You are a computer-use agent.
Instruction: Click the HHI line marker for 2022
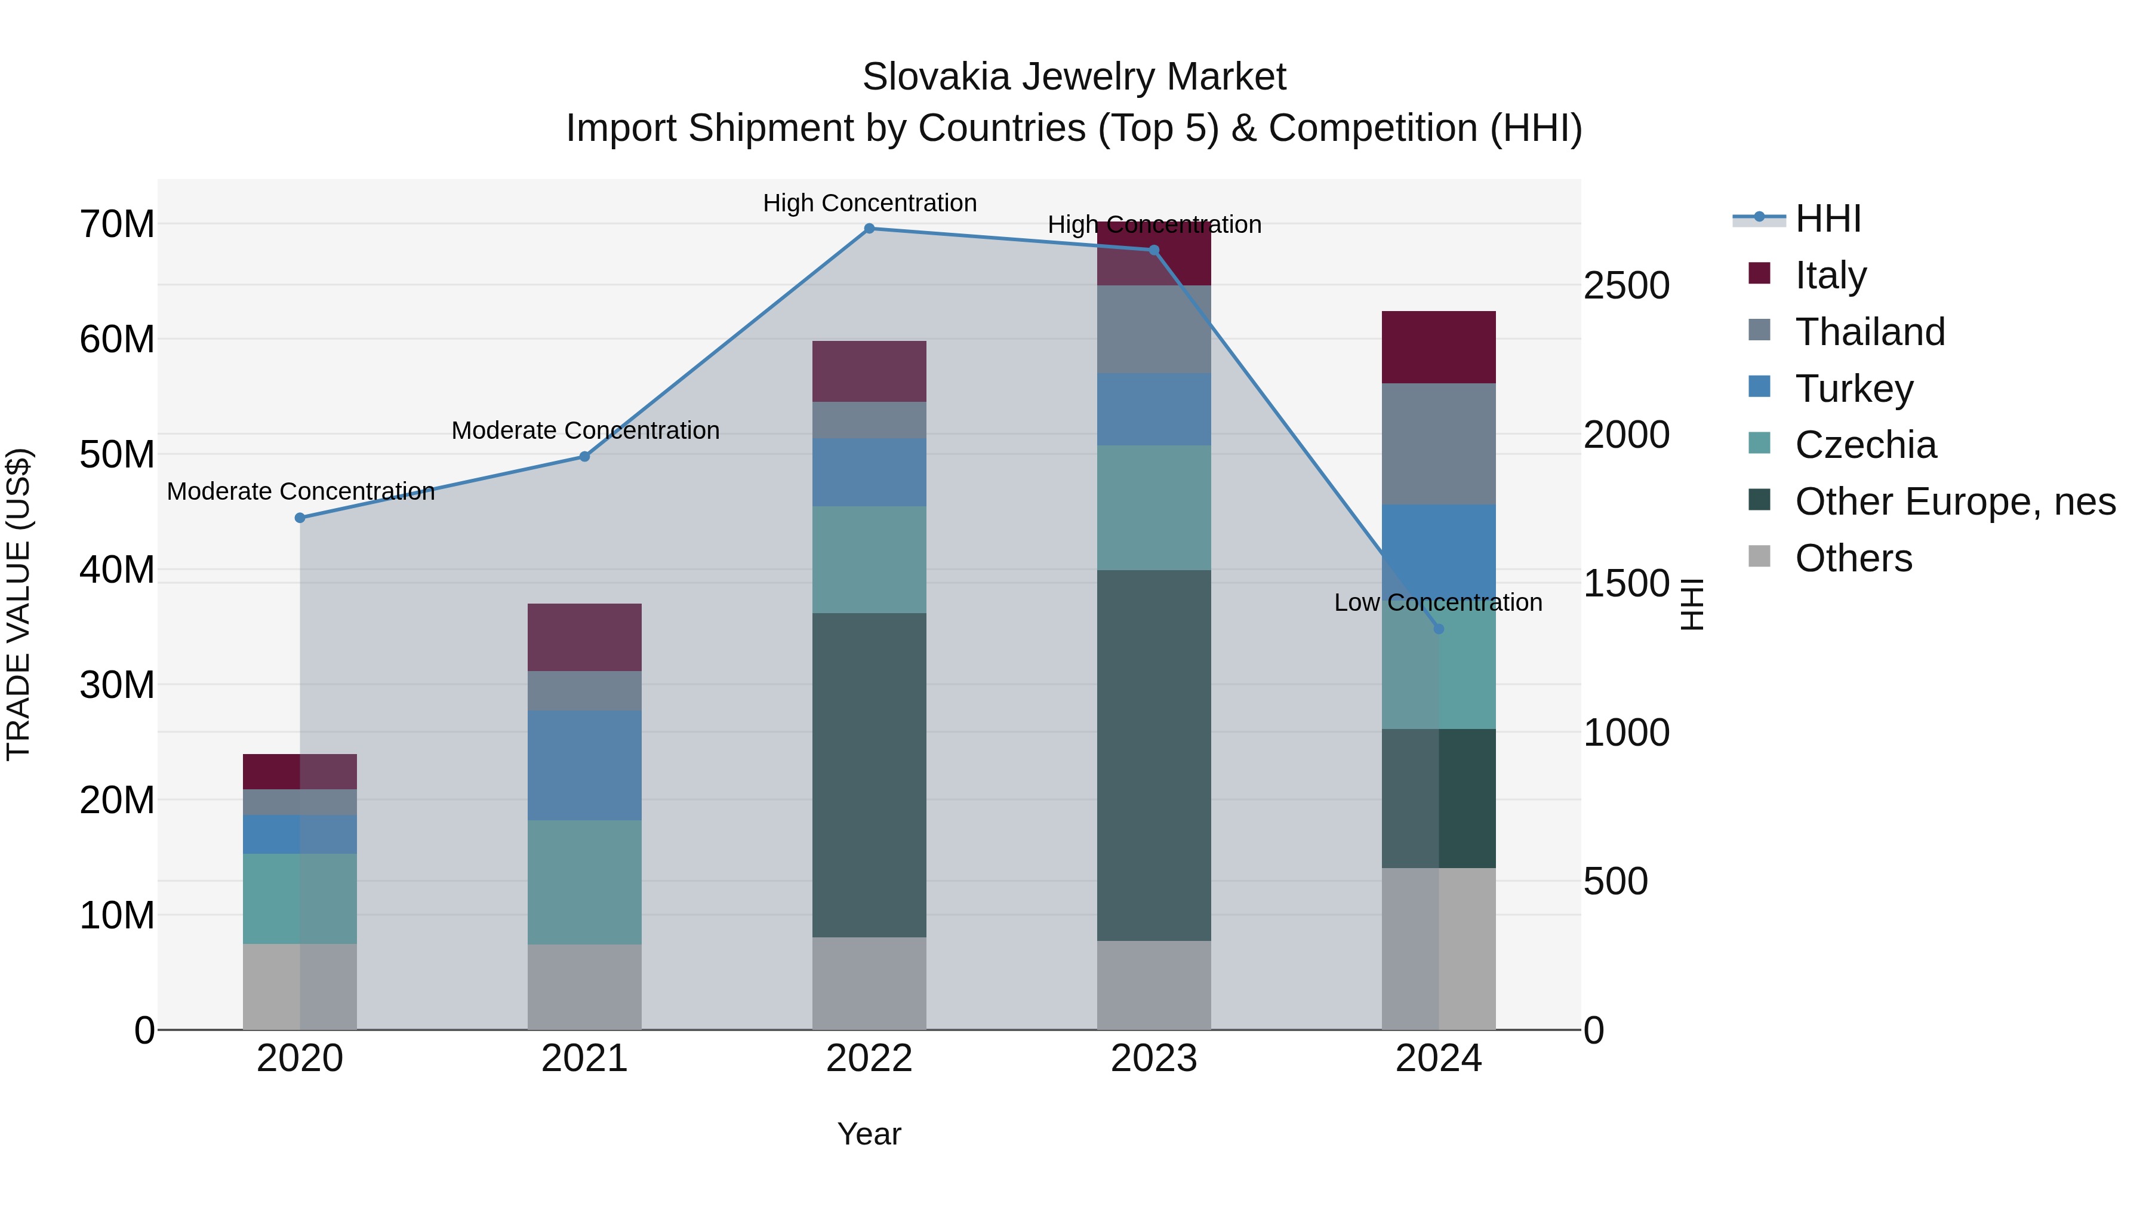(x=869, y=229)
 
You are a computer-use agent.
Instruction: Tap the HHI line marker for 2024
(x=1438, y=629)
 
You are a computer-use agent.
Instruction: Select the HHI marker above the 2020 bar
(x=300, y=518)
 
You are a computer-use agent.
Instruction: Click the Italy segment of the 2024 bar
(x=1438, y=347)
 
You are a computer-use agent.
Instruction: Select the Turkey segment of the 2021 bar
(x=584, y=765)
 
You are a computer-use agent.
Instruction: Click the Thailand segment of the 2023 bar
(x=1154, y=330)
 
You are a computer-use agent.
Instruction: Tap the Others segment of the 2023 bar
(x=1154, y=985)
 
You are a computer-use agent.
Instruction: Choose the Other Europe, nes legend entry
(x=1954, y=502)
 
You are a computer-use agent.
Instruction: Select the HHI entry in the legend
(x=1827, y=219)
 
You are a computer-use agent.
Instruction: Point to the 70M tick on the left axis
(x=117, y=224)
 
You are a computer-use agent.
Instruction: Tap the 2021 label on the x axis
(x=584, y=1059)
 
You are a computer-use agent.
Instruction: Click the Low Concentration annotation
(x=1437, y=602)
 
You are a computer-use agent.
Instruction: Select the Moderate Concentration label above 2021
(x=585, y=430)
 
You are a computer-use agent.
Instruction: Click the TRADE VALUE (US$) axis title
(x=19, y=604)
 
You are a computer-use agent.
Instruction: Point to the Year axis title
(x=869, y=1134)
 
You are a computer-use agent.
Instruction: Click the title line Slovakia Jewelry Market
(x=1074, y=77)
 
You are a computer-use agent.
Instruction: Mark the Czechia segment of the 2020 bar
(x=300, y=899)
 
